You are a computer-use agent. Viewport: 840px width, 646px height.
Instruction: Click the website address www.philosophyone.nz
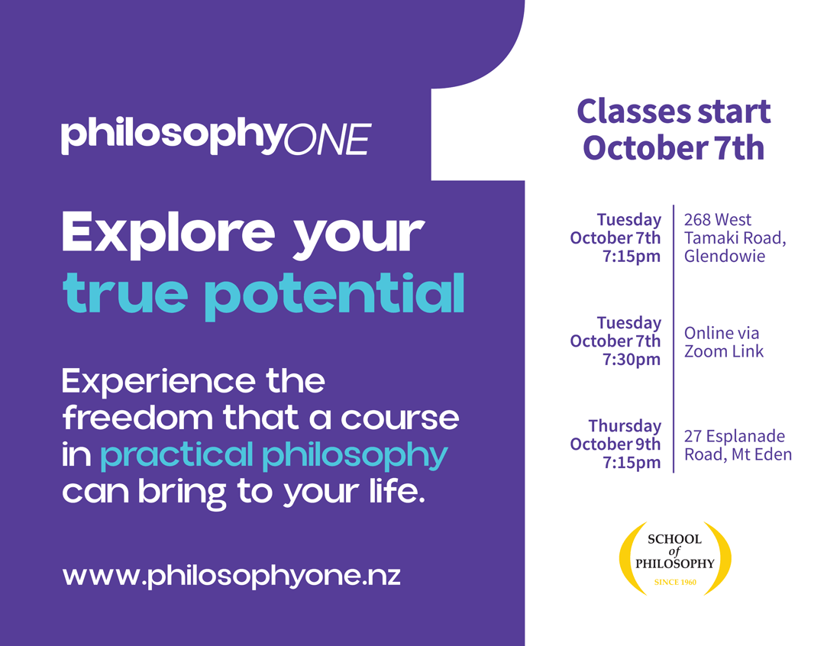click(x=231, y=576)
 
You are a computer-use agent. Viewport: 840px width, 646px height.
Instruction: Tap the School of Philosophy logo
click(x=675, y=559)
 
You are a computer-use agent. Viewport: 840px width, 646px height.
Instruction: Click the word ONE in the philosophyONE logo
click(x=327, y=139)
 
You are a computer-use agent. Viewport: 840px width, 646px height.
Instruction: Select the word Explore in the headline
click(x=169, y=233)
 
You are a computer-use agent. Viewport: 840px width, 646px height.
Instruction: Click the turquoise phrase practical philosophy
click(x=273, y=456)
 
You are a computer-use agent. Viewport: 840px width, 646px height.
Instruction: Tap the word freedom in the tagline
click(x=137, y=418)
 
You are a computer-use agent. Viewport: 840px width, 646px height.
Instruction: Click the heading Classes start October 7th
click(x=674, y=130)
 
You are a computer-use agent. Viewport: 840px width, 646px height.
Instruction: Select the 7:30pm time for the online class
click(x=632, y=360)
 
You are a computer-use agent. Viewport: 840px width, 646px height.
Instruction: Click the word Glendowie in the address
click(x=724, y=256)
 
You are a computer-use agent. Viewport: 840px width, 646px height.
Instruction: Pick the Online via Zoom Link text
click(x=724, y=342)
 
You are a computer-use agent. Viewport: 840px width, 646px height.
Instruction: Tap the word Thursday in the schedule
click(x=625, y=426)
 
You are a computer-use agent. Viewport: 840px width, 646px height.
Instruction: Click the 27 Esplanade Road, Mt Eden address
click(x=738, y=445)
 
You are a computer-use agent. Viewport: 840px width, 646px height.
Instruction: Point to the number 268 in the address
click(x=697, y=220)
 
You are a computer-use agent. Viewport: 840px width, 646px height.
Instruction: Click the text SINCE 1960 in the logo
click(x=675, y=583)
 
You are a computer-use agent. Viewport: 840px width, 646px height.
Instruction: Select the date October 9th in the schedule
click(x=615, y=444)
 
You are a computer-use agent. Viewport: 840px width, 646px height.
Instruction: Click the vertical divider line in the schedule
click(x=674, y=338)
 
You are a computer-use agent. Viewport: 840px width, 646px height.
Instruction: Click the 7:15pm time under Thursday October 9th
click(x=632, y=463)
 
